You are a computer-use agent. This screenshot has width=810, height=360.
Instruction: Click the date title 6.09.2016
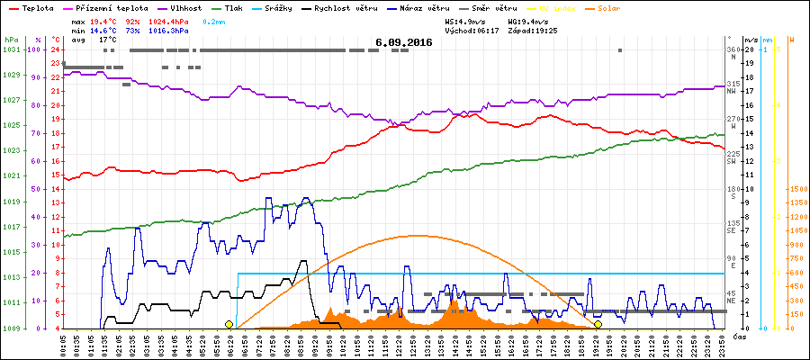tap(404, 41)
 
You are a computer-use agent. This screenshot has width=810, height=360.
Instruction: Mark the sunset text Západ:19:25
tap(531, 30)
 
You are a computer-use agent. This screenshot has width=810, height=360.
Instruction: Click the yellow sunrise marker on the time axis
tap(229, 324)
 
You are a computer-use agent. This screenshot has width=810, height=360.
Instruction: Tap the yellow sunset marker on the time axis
tap(598, 324)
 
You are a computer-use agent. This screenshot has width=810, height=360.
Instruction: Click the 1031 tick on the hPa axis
tap(11, 49)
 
